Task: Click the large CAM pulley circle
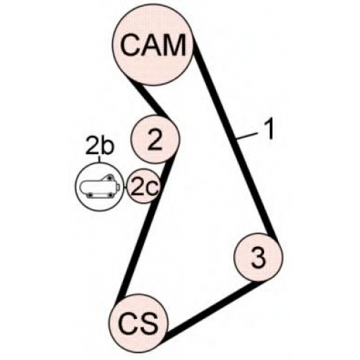[x=153, y=45]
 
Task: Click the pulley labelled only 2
[x=155, y=139]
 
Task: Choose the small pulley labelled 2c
[x=143, y=186]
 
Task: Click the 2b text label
[x=99, y=146]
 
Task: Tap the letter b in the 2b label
[x=107, y=146]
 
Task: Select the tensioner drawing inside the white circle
[x=99, y=186]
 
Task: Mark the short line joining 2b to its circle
[x=99, y=159]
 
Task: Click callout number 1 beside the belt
[x=269, y=129]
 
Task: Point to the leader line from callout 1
[x=247, y=136]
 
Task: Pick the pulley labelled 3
[x=258, y=257]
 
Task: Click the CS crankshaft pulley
[x=139, y=324]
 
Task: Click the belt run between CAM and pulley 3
[x=235, y=142]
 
